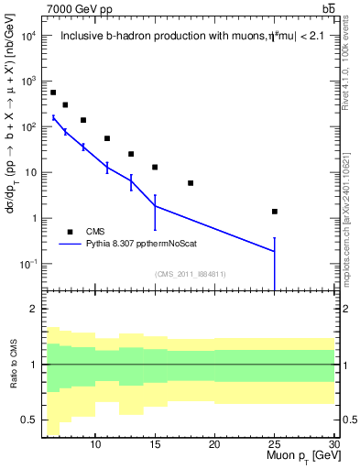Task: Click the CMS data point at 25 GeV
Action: coord(275,212)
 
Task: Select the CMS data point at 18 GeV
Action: coord(191,183)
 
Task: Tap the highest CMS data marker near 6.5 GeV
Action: coord(53,93)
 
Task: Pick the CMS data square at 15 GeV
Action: coord(155,167)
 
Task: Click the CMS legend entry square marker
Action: coord(70,232)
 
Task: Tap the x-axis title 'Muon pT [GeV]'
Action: coord(302,456)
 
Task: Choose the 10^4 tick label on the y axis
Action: coord(27,36)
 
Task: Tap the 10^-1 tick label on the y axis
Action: coord(27,264)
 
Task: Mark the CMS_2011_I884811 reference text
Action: coord(191,274)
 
